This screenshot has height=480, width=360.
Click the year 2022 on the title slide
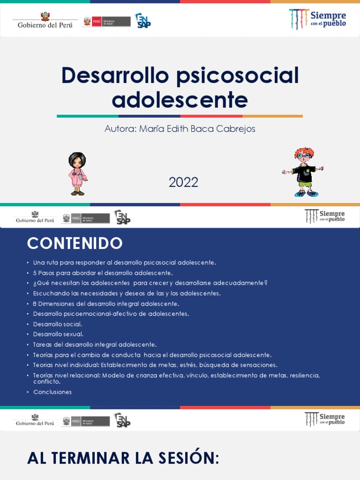coord(184,182)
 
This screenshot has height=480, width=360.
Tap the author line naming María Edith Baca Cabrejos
coord(180,128)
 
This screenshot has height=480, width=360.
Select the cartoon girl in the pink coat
coord(77,173)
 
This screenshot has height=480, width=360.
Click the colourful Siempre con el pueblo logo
coord(317,18)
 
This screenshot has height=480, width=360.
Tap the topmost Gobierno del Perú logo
coord(45,21)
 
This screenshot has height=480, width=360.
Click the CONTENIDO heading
coord(75,243)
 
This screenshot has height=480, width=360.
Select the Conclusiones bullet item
coord(52,392)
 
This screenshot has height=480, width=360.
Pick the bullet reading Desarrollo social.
coord(58,324)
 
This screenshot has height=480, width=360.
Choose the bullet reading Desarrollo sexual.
coord(58,334)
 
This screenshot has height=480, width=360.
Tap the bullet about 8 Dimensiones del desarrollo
coord(106,304)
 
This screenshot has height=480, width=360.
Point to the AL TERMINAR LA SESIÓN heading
coord(123,458)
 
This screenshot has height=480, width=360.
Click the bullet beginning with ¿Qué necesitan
coord(150,283)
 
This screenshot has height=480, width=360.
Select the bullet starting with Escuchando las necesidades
coord(127,293)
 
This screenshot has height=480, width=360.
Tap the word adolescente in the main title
coord(180,99)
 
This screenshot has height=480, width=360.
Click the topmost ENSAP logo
coord(142,21)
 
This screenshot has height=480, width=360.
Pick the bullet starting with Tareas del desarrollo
coord(95,345)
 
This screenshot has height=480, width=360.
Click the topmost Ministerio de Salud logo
coord(106,22)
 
